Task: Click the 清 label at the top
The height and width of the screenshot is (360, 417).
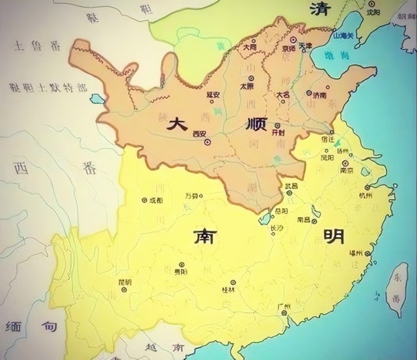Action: coord(317,8)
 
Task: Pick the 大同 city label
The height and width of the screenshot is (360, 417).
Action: coord(249,47)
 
